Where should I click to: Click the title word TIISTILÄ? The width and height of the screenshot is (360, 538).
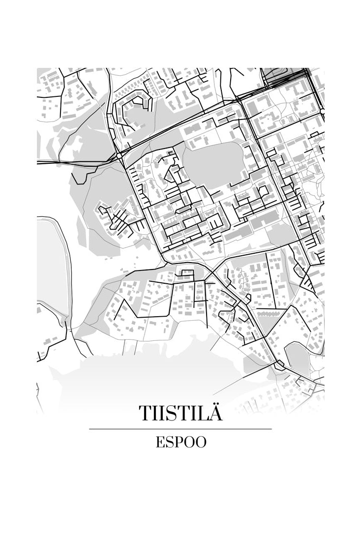point(180,413)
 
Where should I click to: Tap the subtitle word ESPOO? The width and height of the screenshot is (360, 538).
point(180,442)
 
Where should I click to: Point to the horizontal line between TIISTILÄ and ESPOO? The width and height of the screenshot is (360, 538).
point(180,429)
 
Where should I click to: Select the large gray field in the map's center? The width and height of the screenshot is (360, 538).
point(213,165)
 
